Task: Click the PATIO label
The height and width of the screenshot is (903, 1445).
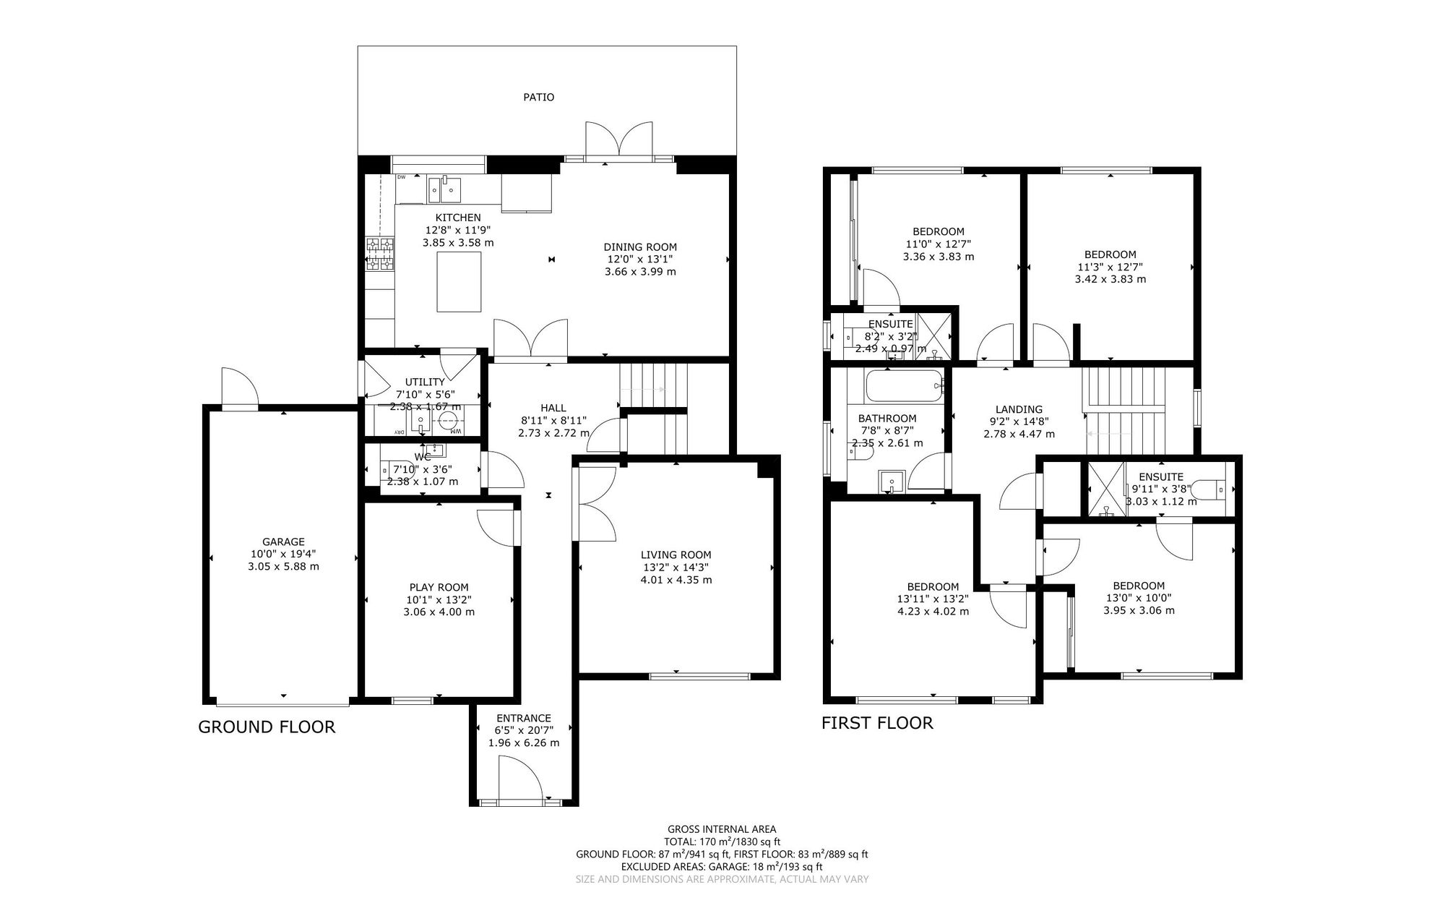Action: [538, 97]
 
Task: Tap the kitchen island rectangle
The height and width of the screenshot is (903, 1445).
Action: [459, 281]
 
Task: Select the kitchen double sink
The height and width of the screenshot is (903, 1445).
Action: [444, 190]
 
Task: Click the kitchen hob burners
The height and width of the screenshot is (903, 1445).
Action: [380, 254]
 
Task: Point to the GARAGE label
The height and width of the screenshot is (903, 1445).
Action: [283, 542]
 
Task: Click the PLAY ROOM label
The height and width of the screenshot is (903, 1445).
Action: [439, 587]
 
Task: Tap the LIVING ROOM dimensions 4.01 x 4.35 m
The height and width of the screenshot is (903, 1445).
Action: [676, 580]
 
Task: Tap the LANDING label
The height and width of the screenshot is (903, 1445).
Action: [1019, 409]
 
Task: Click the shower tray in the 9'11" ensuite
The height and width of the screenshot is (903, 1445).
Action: [1103, 489]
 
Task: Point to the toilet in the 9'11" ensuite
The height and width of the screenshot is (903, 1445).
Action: [1207, 490]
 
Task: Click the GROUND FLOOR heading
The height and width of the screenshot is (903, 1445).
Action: [267, 727]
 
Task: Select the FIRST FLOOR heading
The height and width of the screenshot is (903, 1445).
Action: [877, 723]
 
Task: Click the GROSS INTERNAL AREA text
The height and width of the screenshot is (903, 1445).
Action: [722, 829]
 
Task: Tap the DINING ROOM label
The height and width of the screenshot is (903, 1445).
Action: [640, 247]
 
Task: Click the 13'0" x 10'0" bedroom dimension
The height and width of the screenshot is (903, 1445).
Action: [1139, 598]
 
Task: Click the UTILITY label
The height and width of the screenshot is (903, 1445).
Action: [425, 382]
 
